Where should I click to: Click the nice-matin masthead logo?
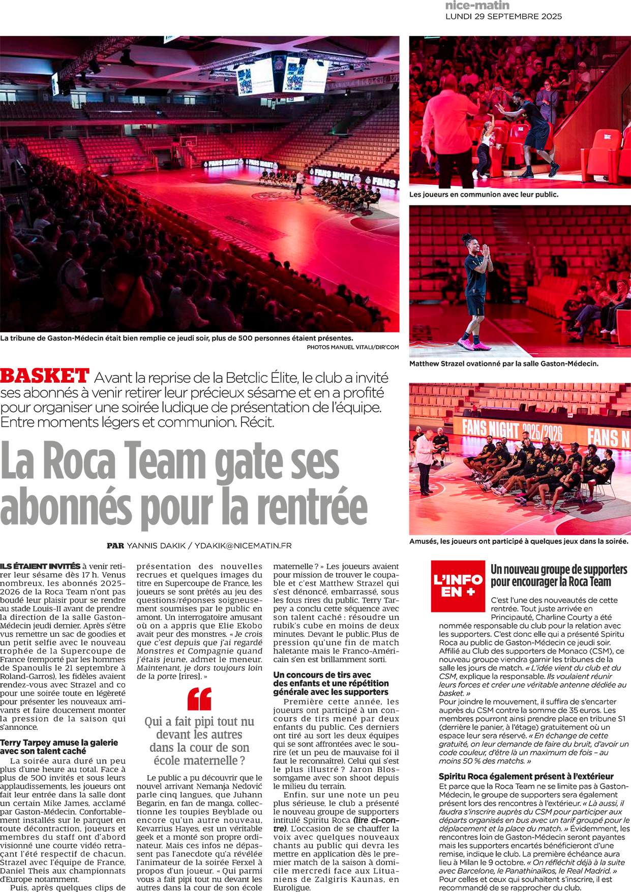click(477, 6)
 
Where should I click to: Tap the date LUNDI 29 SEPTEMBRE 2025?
click(503, 17)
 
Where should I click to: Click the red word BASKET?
click(45, 376)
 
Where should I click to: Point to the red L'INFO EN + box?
click(458, 586)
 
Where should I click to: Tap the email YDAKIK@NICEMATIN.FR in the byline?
click(243, 546)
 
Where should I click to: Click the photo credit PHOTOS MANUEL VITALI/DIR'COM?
click(352, 347)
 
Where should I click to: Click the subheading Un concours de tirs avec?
click(322, 675)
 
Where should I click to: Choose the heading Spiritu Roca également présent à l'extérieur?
click(526, 776)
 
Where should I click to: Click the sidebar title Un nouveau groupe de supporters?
click(558, 570)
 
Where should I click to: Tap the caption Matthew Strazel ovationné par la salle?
click(503, 364)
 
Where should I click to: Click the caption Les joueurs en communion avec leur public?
click(484, 195)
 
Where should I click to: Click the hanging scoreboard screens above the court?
click(282, 76)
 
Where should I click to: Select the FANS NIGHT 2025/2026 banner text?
click(512, 430)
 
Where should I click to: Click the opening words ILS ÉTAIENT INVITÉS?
click(40, 566)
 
